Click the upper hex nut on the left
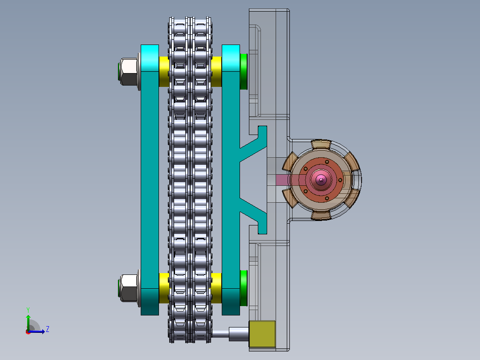coord(129,72)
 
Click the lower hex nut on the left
coord(129,288)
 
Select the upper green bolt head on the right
coord(244,72)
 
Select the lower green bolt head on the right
coord(244,288)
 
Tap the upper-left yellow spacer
coord(164,72)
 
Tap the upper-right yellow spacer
coord(216,72)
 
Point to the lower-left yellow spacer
coord(164,288)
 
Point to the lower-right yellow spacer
coord(216,288)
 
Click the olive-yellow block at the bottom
coord(262,334)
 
